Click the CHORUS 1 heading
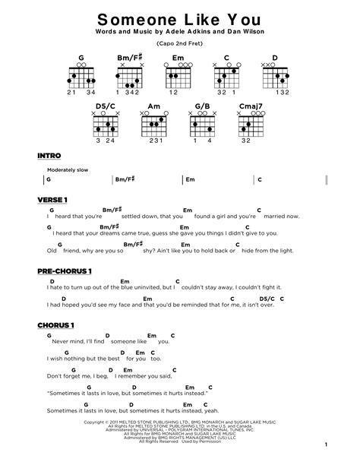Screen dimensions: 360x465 click(x=55, y=325)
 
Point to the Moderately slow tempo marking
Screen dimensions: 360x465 click(x=68, y=169)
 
